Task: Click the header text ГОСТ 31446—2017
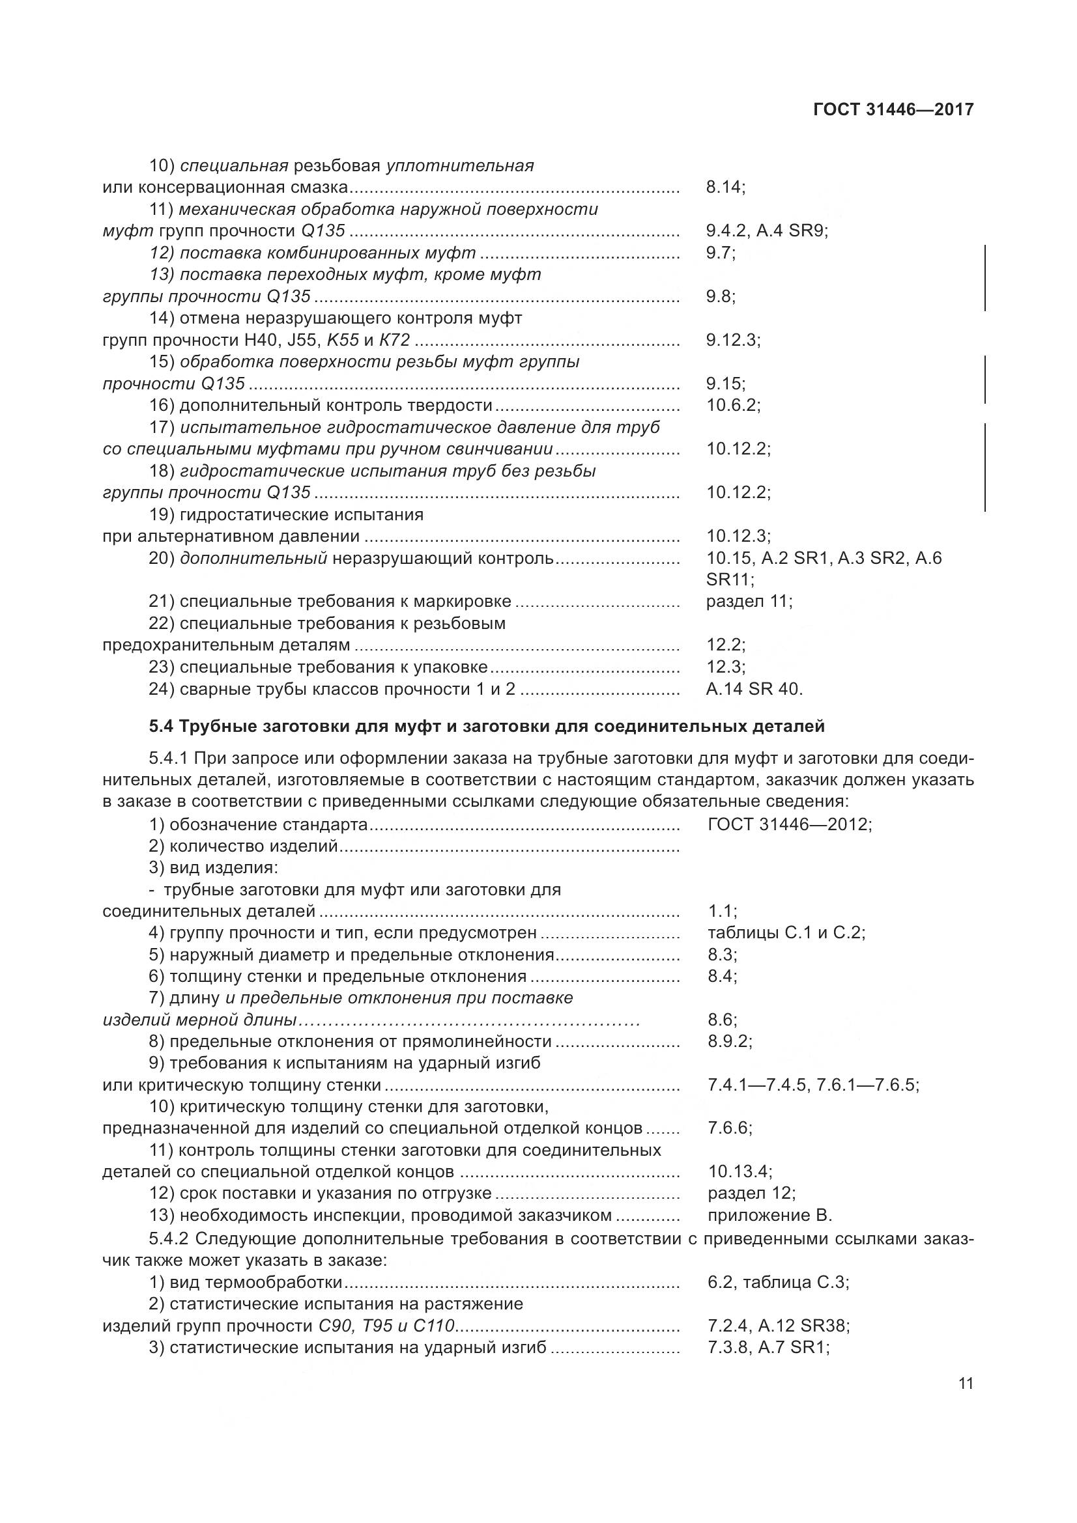pos(893,110)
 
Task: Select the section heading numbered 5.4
pos(487,727)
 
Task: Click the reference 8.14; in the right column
pos(725,188)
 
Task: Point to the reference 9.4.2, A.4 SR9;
pos(767,232)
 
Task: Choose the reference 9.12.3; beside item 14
pos(732,341)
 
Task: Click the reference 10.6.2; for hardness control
pos(732,405)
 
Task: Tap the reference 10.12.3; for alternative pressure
pos(738,536)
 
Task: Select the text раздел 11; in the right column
pos(749,602)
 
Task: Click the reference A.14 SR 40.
pos(754,689)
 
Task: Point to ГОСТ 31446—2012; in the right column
pos(790,824)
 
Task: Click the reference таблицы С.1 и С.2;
pos(786,932)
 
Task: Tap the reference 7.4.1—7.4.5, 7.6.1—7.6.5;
pos(813,1085)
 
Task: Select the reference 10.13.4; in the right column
pos(740,1172)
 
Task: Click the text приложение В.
pos(769,1216)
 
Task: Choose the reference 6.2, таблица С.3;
pos(778,1282)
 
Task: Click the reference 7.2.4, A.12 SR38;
pos(779,1326)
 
